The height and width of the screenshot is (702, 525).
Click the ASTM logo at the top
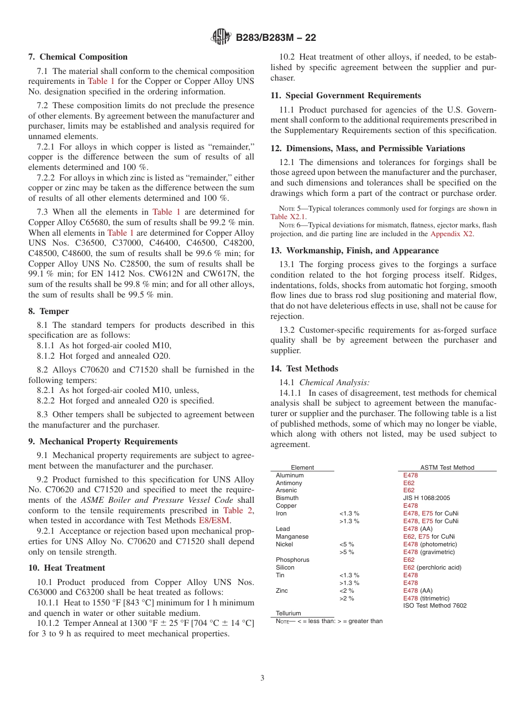click(x=221, y=38)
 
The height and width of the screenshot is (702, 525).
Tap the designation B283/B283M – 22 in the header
click(x=276, y=38)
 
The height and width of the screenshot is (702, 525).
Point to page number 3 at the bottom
click(x=262, y=678)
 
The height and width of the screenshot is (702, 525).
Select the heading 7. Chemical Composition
click(x=78, y=57)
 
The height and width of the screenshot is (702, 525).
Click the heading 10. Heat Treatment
click(x=67, y=568)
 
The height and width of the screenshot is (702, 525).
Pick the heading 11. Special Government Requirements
click(x=345, y=95)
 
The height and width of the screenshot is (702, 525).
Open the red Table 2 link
click(x=238, y=510)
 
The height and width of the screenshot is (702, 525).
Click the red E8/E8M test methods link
click(x=214, y=520)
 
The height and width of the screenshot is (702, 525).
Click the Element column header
click(x=302, y=467)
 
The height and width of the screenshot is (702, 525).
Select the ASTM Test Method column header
click(x=447, y=467)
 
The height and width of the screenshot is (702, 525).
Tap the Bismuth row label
click(x=287, y=498)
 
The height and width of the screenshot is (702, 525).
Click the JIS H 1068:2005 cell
click(x=427, y=498)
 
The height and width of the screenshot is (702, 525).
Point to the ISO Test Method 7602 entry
click(x=434, y=605)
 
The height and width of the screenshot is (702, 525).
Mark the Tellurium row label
click(x=288, y=613)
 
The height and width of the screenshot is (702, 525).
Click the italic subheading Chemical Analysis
click(x=334, y=382)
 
